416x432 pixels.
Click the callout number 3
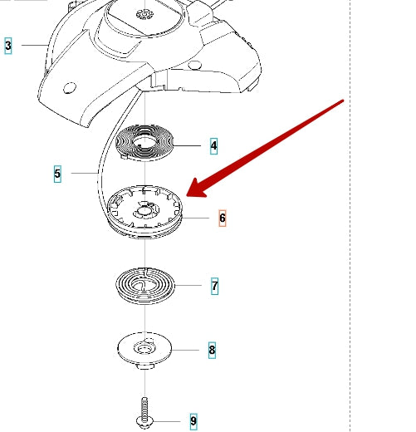click(8, 46)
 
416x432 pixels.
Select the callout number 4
click(213, 146)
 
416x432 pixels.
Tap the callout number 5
click(57, 174)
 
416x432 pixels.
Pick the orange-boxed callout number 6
click(223, 218)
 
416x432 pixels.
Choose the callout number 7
click(214, 286)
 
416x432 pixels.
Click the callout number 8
click(212, 350)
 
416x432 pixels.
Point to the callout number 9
click(193, 421)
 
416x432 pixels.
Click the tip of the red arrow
click(187, 196)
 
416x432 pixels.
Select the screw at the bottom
click(144, 413)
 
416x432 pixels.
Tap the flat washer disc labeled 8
click(144, 351)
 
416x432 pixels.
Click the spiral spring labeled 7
click(145, 286)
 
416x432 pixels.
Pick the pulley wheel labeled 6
click(145, 212)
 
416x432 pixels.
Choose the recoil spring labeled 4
click(144, 143)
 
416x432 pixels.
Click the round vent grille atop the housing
click(144, 14)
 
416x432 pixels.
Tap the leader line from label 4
click(187, 145)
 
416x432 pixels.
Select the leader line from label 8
click(185, 350)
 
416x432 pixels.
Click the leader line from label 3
click(35, 45)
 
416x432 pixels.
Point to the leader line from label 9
click(166, 421)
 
